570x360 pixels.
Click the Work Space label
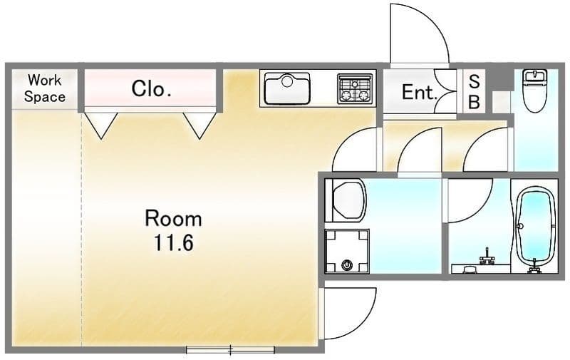pos(44,88)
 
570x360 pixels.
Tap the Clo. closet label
pos(151,88)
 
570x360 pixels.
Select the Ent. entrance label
pos(419,93)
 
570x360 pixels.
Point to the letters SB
pos(474,92)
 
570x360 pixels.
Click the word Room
pos(173,219)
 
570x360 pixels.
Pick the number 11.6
pos(173,242)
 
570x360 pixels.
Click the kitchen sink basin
pos(287,88)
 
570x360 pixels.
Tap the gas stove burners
pos(354,88)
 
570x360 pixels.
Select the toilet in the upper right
pos(534,91)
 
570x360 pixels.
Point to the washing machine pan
pos(347,251)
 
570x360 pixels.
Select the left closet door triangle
pos(101,125)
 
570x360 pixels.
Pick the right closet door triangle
pos(199,125)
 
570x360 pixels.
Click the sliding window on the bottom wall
pos(230,350)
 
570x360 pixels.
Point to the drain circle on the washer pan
pos(347,265)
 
